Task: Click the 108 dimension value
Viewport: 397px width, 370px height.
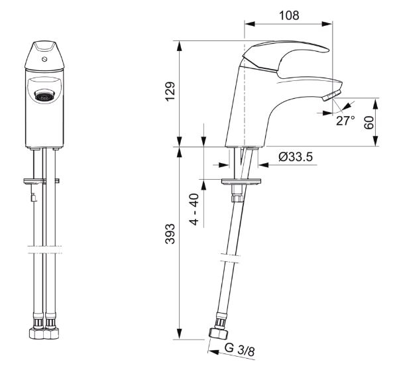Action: click(289, 15)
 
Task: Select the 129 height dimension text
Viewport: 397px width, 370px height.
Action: click(170, 92)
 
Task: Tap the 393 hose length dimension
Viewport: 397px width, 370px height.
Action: click(170, 234)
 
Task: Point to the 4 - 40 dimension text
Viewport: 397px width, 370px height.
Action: click(194, 209)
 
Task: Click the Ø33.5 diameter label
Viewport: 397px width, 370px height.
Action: click(296, 156)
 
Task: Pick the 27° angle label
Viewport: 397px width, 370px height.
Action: click(345, 121)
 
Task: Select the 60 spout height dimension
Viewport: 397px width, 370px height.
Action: click(369, 123)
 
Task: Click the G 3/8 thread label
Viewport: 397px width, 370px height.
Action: click(239, 350)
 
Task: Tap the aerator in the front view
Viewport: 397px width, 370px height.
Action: click(45, 95)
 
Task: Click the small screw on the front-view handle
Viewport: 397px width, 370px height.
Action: click(45, 60)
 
